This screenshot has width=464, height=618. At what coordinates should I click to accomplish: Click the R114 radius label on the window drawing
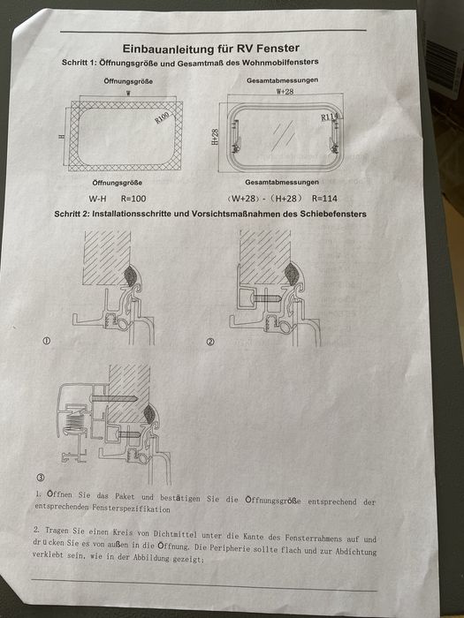tap(329, 117)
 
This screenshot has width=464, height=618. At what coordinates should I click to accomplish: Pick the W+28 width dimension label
tap(285, 91)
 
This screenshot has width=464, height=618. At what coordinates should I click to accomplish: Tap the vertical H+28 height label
tap(216, 139)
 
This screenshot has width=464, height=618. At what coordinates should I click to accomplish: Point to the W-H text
tap(98, 198)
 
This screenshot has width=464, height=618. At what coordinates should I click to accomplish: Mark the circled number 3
tap(41, 477)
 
